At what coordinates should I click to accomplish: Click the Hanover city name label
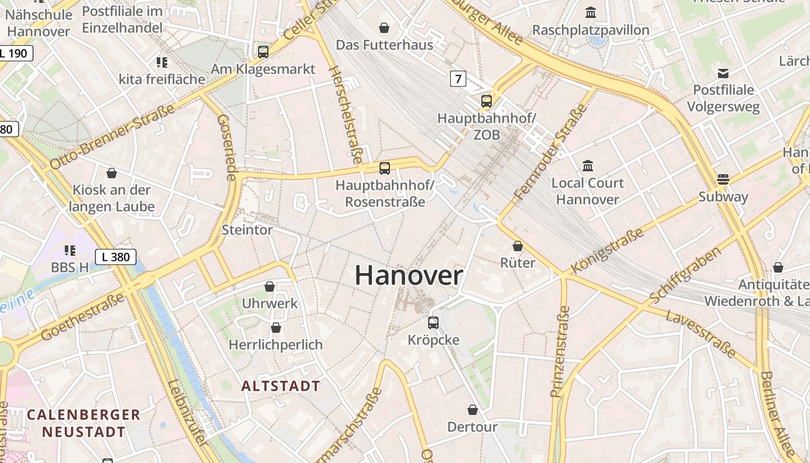(x=408, y=275)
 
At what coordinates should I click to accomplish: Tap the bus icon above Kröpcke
(x=433, y=323)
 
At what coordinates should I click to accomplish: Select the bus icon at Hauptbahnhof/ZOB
(x=487, y=101)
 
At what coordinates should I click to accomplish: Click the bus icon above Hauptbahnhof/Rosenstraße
(x=385, y=168)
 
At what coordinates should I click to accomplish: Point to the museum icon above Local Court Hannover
(x=588, y=166)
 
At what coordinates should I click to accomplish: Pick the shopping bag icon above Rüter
(x=518, y=246)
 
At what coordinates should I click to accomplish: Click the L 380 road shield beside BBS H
(x=116, y=256)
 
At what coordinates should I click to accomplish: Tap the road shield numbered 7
(x=458, y=78)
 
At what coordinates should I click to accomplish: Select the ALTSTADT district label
(x=281, y=386)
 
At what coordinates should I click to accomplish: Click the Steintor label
(x=247, y=230)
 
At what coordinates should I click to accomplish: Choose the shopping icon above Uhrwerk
(x=270, y=286)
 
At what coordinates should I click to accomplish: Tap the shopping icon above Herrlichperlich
(x=276, y=328)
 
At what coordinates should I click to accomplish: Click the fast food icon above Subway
(x=723, y=179)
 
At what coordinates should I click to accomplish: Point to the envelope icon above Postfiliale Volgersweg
(x=723, y=73)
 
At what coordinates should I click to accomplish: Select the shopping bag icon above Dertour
(x=473, y=410)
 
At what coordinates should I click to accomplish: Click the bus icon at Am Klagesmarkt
(x=263, y=52)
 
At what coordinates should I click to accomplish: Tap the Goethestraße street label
(x=82, y=317)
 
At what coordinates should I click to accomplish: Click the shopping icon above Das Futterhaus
(x=384, y=28)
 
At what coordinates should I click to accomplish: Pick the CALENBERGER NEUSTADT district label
(x=84, y=423)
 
